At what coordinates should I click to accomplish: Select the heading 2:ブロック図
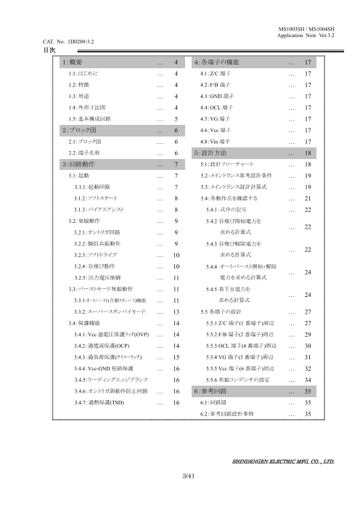[80, 131]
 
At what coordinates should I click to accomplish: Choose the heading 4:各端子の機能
[221, 63]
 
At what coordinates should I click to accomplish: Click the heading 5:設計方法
[216, 153]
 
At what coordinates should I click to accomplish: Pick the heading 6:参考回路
[216, 390]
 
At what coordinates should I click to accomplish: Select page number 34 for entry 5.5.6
[309, 379]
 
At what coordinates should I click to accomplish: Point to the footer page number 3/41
[187, 475]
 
